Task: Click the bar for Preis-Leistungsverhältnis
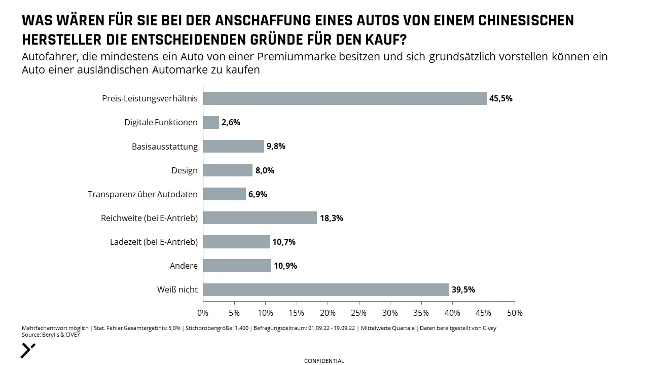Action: (345, 98)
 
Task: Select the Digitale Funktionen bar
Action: (211, 122)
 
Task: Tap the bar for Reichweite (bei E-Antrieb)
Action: (260, 217)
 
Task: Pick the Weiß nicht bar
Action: (326, 289)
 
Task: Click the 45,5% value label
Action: (501, 98)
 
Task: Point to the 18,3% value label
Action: (332, 218)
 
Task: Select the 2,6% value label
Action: (231, 122)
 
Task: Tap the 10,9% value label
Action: (285, 266)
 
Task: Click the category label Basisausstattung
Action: (165, 147)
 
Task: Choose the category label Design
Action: (184, 170)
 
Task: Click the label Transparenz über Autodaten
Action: (142, 194)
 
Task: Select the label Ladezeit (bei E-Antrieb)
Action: (154, 242)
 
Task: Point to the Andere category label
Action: (184, 266)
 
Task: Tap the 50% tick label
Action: (515, 313)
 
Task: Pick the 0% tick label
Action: (203, 313)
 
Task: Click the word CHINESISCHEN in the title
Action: (526, 21)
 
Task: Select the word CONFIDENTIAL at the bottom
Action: (324, 361)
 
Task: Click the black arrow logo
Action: (28, 350)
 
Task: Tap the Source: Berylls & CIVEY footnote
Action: (51, 335)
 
